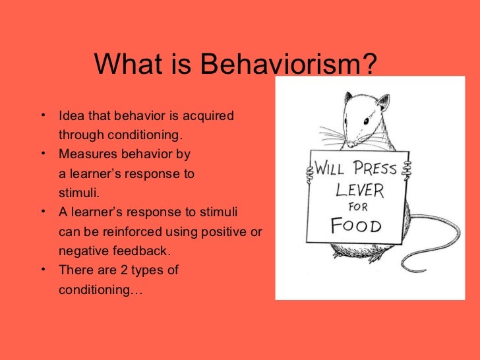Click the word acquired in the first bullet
[208, 116]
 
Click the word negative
[82, 251]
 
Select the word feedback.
[140, 251]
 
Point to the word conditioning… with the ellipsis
[100, 289]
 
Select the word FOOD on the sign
[356, 226]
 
